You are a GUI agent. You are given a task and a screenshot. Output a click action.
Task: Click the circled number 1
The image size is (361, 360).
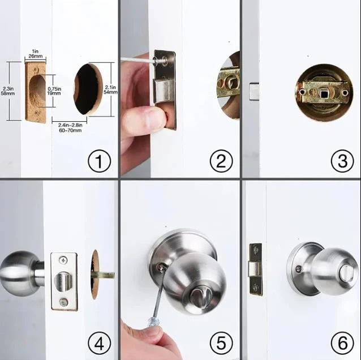tap(98, 162)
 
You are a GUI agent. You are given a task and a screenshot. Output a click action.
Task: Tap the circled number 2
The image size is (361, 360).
tap(221, 162)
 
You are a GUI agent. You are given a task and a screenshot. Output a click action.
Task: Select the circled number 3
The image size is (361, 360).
tap(342, 162)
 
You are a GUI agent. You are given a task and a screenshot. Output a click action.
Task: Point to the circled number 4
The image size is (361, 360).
tap(98, 343)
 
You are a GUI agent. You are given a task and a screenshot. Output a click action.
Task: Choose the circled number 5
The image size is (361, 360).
tap(221, 343)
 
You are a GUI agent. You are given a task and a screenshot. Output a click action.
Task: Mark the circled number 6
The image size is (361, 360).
tap(342, 343)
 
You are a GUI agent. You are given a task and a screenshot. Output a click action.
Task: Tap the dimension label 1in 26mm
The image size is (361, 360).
tap(35, 54)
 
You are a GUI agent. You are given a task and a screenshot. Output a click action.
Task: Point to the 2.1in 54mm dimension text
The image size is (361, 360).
tap(111, 89)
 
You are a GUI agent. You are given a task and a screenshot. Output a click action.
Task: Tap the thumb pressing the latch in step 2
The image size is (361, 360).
tap(148, 118)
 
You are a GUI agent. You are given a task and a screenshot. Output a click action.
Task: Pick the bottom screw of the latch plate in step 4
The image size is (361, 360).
tap(63, 302)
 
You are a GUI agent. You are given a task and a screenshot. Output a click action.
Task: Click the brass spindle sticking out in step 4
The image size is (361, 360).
tap(105, 275)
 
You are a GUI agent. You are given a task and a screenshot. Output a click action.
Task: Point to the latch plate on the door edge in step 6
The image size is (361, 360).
tap(256, 269)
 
